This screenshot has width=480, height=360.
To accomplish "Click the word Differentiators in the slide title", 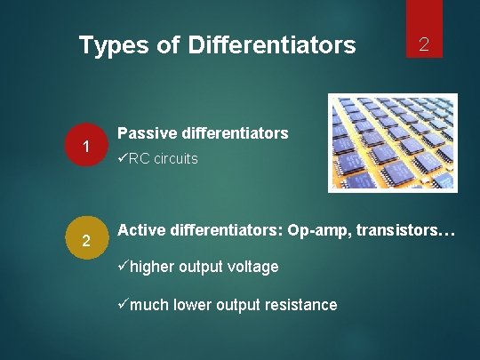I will pyautogui.click(x=272, y=44).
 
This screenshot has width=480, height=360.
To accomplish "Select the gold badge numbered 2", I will pyautogui.click(x=86, y=241).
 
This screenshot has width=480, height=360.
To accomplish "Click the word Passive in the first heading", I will pyautogui.click(x=147, y=133).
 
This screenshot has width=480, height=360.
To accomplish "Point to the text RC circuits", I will pyautogui.click(x=164, y=159).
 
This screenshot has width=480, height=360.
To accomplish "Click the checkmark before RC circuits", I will pyautogui.click(x=123, y=159).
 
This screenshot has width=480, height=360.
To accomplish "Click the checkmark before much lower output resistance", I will pyautogui.click(x=124, y=305).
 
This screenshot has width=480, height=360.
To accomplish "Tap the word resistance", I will pyautogui.click(x=302, y=305).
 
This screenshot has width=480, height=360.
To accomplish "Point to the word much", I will pyautogui.click(x=150, y=305).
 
